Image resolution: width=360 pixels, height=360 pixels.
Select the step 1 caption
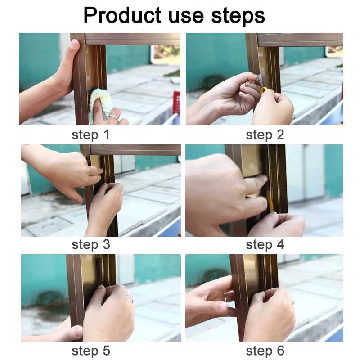90,135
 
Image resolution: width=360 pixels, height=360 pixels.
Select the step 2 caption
265,135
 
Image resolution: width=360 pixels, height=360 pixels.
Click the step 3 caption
90,245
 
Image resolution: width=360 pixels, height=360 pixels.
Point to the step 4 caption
265,245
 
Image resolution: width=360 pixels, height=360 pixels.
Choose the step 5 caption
90,351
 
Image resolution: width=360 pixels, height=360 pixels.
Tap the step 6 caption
265,351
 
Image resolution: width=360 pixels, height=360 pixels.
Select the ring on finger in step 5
129,299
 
